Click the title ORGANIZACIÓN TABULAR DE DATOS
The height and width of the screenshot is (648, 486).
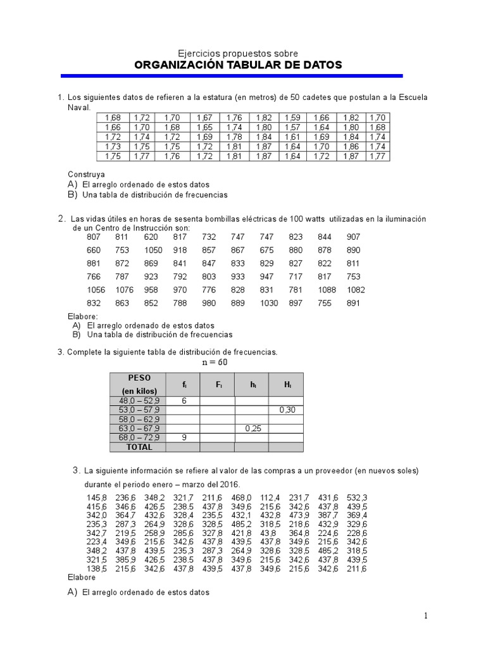pos(238,65)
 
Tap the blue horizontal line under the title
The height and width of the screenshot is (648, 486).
pos(232,76)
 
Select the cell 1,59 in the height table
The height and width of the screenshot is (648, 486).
pos(292,118)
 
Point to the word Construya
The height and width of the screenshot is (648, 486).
pos(86,173)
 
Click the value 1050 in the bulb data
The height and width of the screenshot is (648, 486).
pos(153,250)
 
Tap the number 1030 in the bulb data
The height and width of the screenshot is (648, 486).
pos(269,303)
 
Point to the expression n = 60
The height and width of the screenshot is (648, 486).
pos(213,363)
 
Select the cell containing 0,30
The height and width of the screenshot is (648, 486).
pos(285,410)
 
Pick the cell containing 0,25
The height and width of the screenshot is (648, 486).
pos(251,428)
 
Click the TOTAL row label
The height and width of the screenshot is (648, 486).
pos(139,447)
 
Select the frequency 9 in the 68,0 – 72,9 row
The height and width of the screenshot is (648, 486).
pos(184,437)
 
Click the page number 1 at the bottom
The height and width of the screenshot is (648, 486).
pos(426,616)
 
